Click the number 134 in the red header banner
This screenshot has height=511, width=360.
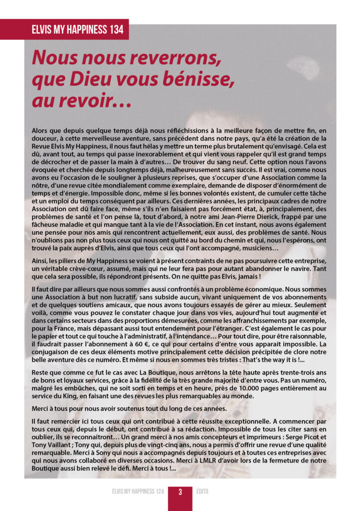point(114,29)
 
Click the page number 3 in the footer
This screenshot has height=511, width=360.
point(180,492)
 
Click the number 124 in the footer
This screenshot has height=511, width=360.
point(158,492)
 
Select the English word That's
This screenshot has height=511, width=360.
point(255,360)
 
